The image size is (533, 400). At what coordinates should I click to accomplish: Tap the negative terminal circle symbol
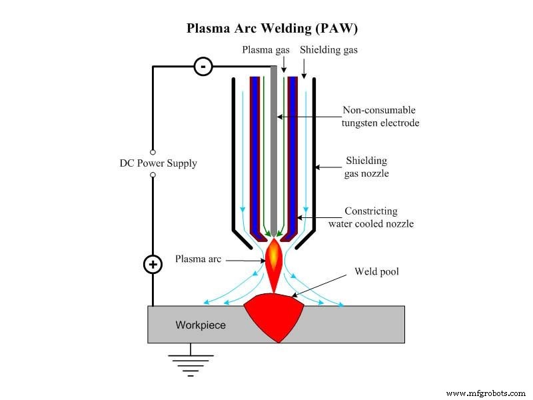(203, 66)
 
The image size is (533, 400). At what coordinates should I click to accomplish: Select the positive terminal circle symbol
(153, 265)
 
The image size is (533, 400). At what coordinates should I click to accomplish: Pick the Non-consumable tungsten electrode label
(380, 117)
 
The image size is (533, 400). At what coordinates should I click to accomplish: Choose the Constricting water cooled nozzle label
(370, 217)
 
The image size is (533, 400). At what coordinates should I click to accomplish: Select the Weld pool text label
(377, 271)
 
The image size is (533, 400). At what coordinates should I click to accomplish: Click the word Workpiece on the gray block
(201, 325)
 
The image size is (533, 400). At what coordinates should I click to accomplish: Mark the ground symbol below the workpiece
(191, 363)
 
